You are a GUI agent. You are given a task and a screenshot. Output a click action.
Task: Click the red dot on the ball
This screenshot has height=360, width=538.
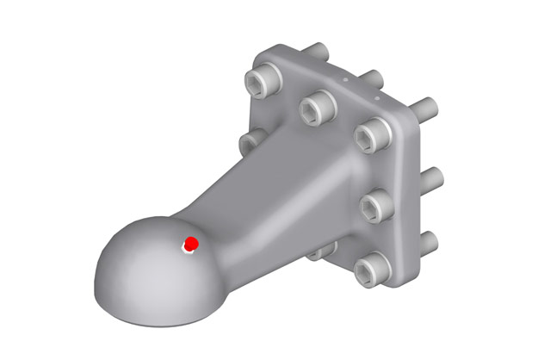pyautogui.click(x=192, y=244)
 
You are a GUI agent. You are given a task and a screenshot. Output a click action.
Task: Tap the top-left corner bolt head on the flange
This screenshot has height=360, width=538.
pyautogui.click(x=261, y=82)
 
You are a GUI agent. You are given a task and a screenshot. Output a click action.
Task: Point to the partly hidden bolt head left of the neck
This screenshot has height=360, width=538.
pyautogui.click(x=250, y=139)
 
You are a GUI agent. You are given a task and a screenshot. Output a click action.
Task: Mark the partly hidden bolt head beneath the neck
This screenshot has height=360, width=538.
pyautogui.click(x=322, y=251)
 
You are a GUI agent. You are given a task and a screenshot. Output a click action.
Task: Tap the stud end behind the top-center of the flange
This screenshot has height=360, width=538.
pyautogui.click(x=374, y=78)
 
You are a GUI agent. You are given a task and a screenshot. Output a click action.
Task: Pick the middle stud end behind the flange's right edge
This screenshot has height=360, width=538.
pyautogui.click(x=431, y=176)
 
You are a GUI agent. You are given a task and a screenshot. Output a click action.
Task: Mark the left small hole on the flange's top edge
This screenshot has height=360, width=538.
pyautogui.click(x=342, y=77)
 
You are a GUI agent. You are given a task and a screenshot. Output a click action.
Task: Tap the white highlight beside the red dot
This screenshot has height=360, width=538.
pyautogui.click(x=186, y=250)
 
